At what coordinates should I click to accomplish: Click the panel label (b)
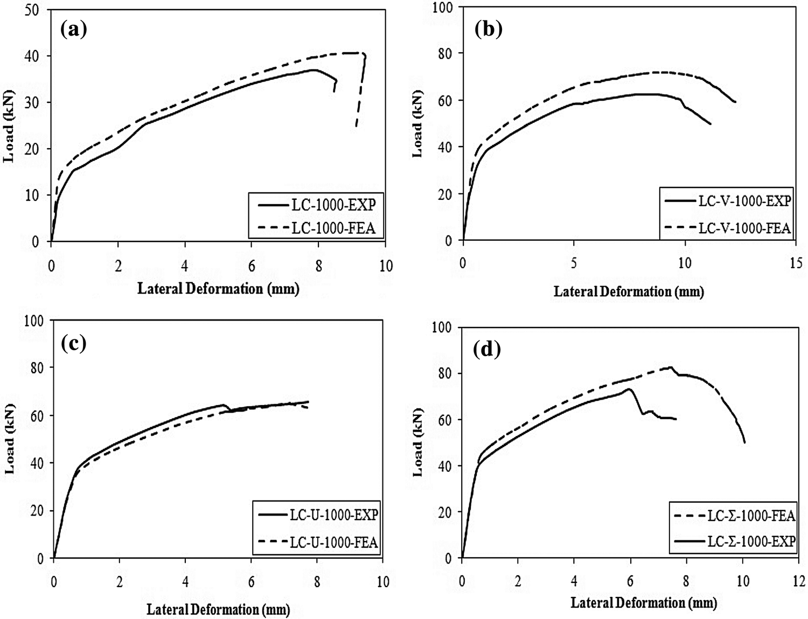(x=488, y=29)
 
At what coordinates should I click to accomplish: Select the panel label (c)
(x=73, y=343)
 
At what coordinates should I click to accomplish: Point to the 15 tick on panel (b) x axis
(x=795, y=263)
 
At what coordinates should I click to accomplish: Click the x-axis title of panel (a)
(x=218, y=289)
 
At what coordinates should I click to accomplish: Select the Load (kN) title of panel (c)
(x=10, y=439)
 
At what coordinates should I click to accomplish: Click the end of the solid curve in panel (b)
(x=711, y=124)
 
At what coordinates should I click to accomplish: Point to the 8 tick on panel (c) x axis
(x=316, y=582)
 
